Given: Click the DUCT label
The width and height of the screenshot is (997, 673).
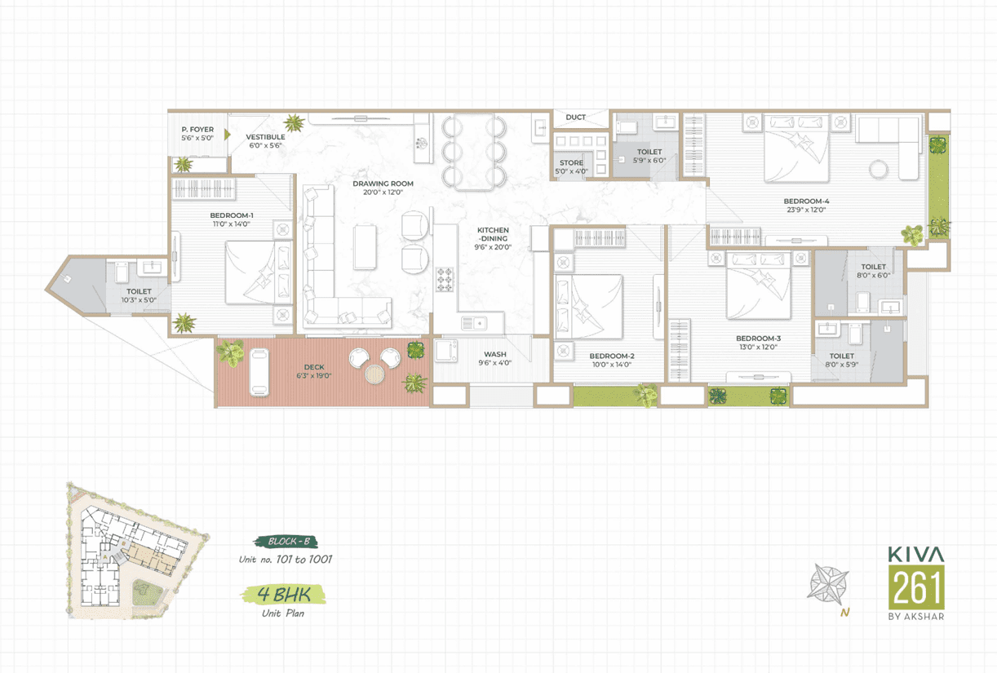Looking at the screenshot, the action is pyautogui.click(x=575, y=117).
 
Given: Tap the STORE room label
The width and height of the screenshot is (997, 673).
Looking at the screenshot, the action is pyautogui.click(x=571, y=162).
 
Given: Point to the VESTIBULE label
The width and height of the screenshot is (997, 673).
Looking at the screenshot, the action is pyautogui.click(x=265, y=137).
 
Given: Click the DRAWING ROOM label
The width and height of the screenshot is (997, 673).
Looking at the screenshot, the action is pyautogui.click(x=383, y=184).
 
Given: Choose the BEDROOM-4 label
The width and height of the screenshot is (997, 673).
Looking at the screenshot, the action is pyautogui.click(x=806, y=201).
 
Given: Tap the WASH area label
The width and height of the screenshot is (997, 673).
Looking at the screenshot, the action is pyautogui.click(x=495, y=354).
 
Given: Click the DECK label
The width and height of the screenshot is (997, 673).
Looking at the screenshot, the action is pyautogui.click(x=314, y=367).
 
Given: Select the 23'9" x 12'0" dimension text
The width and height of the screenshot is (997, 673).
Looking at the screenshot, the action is pyautogui.click(x=806, y=210).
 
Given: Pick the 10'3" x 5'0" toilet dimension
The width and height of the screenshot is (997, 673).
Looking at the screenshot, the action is pyautogui.click(x=139, y=300).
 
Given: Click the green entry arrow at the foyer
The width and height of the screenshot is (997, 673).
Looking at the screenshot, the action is pyautogui.click(x=228, y=135).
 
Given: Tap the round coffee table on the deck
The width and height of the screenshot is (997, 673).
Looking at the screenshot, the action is pyautogui.click(x=374, y=374).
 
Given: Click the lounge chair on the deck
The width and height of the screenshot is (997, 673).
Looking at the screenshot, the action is pyautogui.click(x=259, y=372).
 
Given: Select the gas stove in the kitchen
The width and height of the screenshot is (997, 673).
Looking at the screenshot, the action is pyautogui.click(x=444, y=280).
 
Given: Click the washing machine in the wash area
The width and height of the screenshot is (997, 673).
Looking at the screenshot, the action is pyautogui.click(x=446, y=351).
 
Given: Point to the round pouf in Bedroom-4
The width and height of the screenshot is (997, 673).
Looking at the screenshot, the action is pyautogui.click(x=879, y=169).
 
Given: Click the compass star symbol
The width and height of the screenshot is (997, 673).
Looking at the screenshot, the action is pyautogui.click(x=827, y=584).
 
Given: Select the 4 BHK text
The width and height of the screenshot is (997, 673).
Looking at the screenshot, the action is pyautogui.click(x=284, y=594).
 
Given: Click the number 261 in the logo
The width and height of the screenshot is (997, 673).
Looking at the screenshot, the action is pyautogui.click(x=916, y=587).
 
